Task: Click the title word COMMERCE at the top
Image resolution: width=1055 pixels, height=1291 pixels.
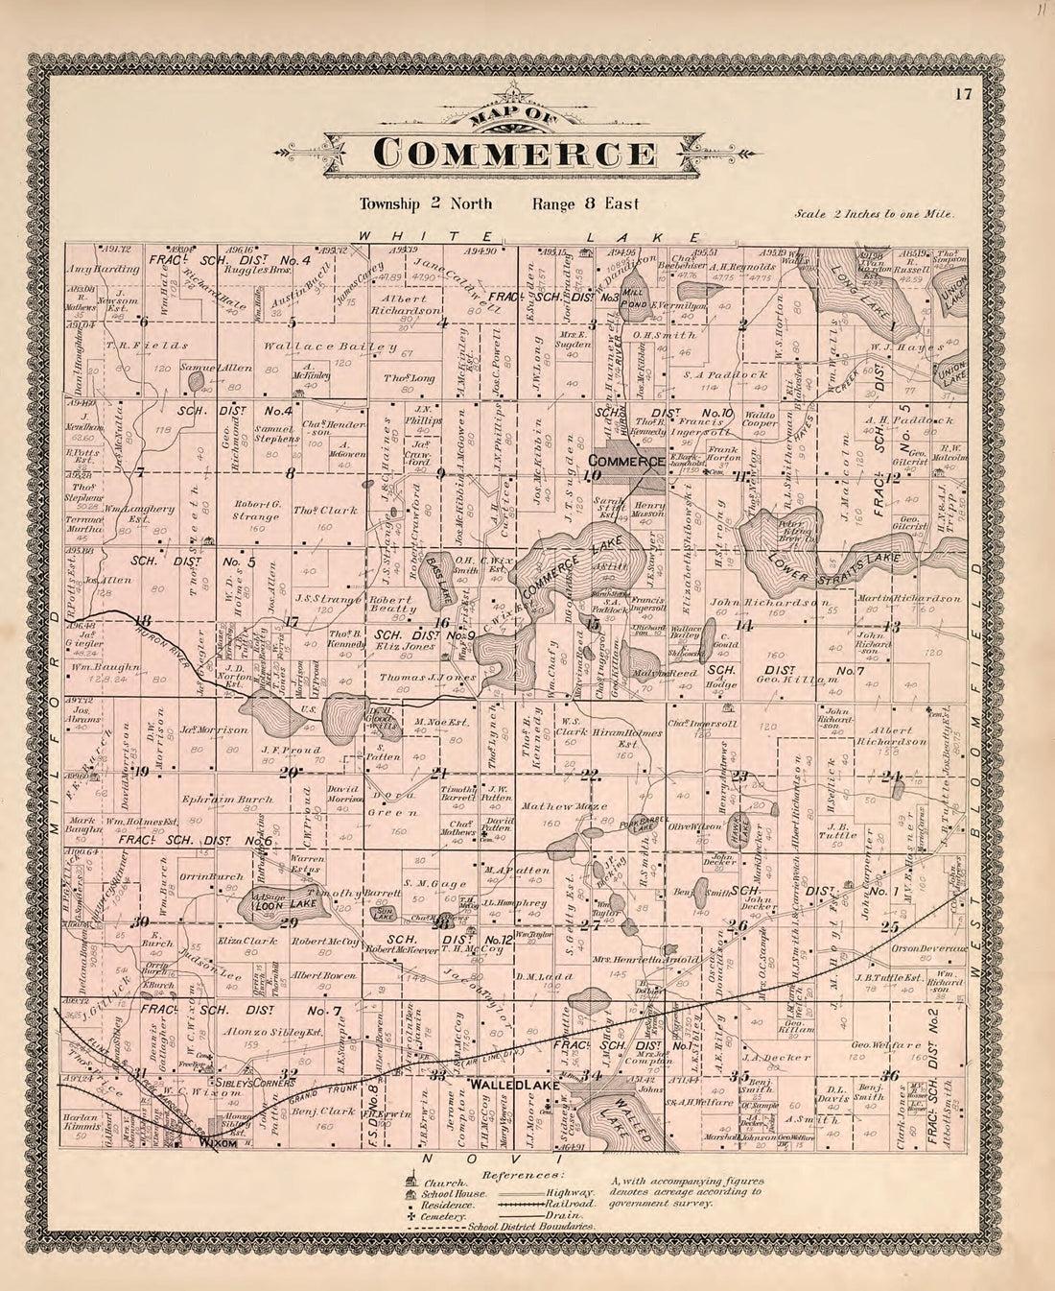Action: pyautogui.click(x=515, y=154)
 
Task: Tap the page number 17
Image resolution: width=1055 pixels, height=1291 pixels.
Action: pyautogui.click(x=964, y=93)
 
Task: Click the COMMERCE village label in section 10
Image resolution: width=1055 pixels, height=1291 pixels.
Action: pyautogui.click(x=626, y=462)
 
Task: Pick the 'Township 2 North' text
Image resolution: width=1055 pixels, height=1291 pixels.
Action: pyautogui.click(x=426, y=203)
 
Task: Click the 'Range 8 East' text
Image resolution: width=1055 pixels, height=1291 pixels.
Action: pyautogui.click(x=585, y=203)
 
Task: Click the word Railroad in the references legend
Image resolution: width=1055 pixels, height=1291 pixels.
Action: pyautogui.click(x=574, y=1203)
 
